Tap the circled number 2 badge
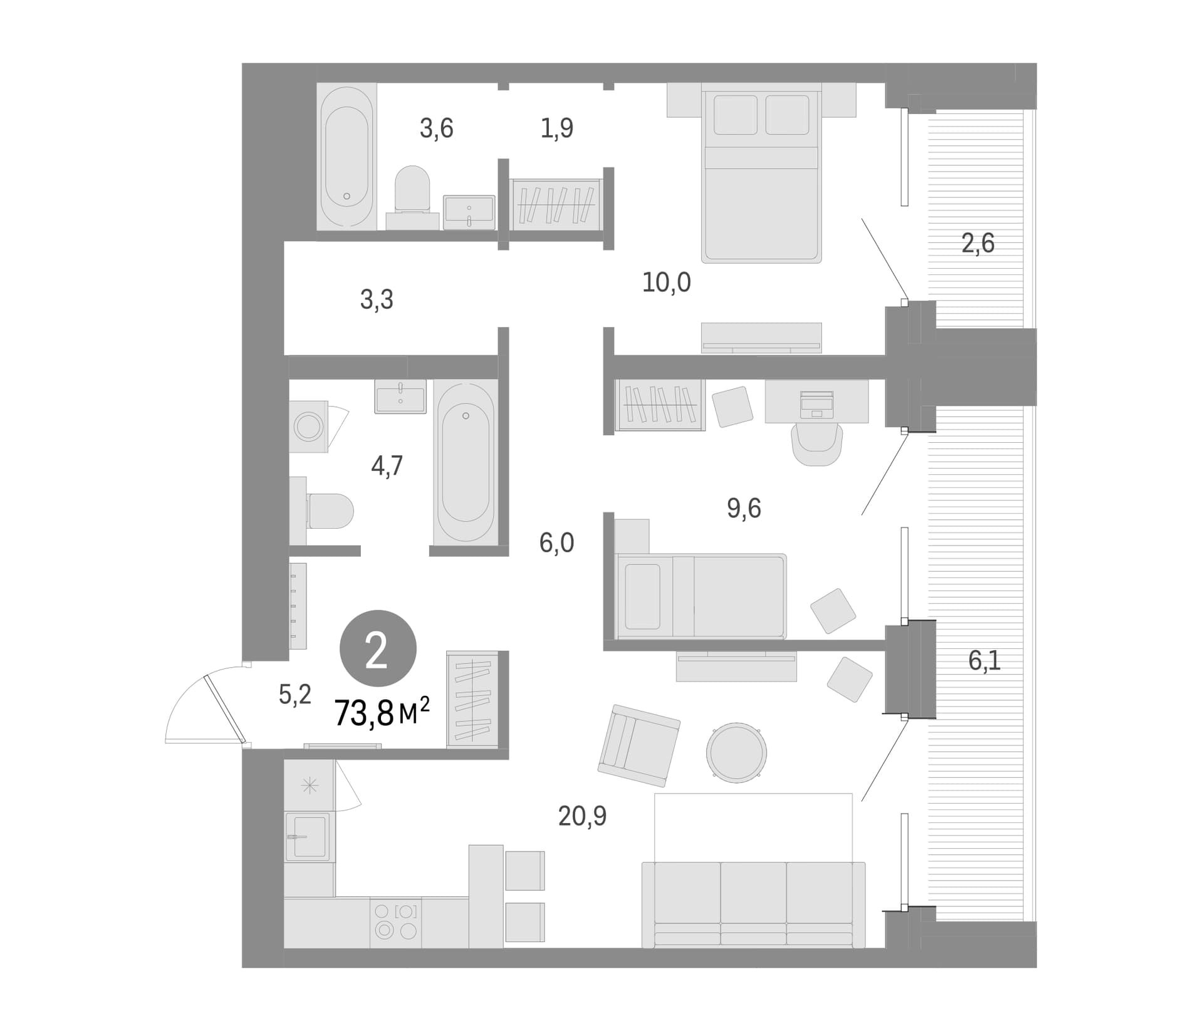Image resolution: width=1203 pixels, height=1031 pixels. pos(378,648)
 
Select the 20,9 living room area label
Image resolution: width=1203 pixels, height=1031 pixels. pos(582,816)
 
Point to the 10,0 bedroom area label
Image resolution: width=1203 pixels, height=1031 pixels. pos(666,282)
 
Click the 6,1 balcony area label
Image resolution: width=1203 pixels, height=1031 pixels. pos(984,660)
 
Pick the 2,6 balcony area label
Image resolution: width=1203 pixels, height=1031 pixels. pos(977,243)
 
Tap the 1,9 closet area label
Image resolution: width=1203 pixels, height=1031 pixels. pos(556,128)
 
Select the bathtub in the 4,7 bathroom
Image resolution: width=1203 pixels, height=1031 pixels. pos(465,462)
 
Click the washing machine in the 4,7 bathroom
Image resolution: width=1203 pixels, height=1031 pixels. pos(308,427)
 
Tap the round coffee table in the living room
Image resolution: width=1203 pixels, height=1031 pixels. pos(736,752)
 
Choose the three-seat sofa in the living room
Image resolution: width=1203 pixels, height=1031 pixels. pos(753,905)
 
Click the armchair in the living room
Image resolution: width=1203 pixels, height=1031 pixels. pos(638,745)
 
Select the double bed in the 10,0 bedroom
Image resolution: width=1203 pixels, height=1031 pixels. pos(761,173)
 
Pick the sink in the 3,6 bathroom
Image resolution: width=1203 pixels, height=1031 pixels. pos(469,212)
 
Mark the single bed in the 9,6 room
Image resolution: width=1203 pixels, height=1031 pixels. pos(700,596)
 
